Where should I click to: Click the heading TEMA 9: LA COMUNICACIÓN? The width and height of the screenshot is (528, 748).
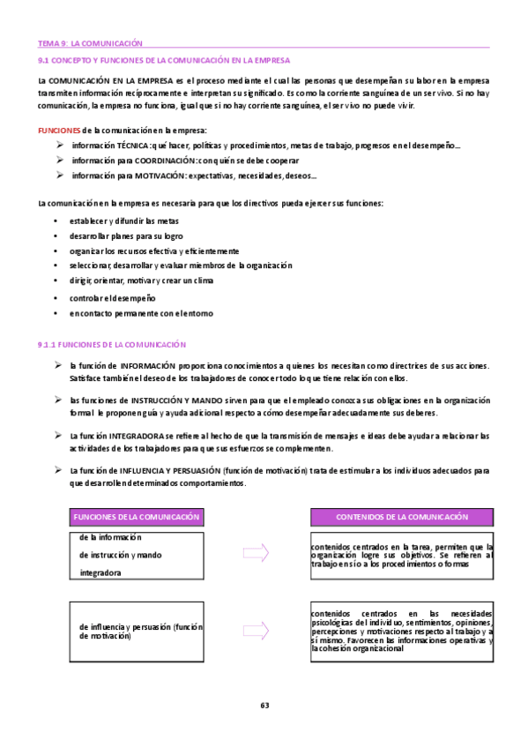(90, 43)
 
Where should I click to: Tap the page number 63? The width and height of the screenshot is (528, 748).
(264, 705)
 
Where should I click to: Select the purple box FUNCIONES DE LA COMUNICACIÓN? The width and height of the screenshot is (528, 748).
(137, 517)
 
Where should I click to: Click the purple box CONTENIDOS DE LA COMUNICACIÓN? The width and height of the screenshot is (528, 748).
(402, 517)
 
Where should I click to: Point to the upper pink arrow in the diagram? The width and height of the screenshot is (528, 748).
(256, 553)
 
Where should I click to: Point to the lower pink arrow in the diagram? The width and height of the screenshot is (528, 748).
(256, 632)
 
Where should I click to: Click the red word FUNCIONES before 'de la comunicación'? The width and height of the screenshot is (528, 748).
(59, 130)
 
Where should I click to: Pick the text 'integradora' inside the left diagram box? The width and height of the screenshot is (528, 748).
(100, 572)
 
